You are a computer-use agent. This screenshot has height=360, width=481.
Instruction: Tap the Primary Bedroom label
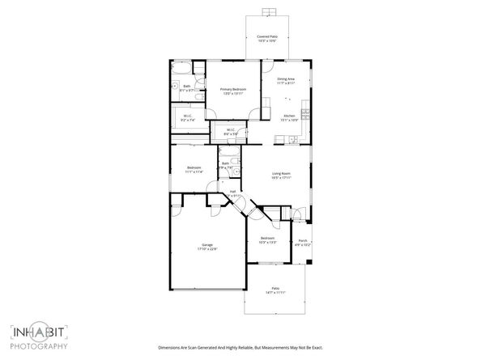point(232,91)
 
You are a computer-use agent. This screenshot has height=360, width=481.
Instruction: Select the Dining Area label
point(286,81)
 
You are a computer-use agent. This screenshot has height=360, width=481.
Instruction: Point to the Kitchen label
point(288,118)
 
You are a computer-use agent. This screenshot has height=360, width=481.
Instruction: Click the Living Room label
point(281,176)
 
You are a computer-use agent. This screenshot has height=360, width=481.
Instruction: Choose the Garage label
point(207,247)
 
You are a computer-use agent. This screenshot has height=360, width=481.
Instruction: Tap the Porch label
point(302,242)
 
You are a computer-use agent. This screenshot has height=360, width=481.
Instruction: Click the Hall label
point(232,193)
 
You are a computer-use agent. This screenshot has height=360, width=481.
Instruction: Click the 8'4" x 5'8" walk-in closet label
point(230,131)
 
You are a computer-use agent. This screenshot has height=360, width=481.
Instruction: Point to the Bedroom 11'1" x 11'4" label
point(194,170)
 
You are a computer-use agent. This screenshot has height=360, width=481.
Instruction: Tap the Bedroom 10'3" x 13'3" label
point(267,240)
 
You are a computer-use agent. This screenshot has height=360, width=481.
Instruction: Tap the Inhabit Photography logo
point(38,337)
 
